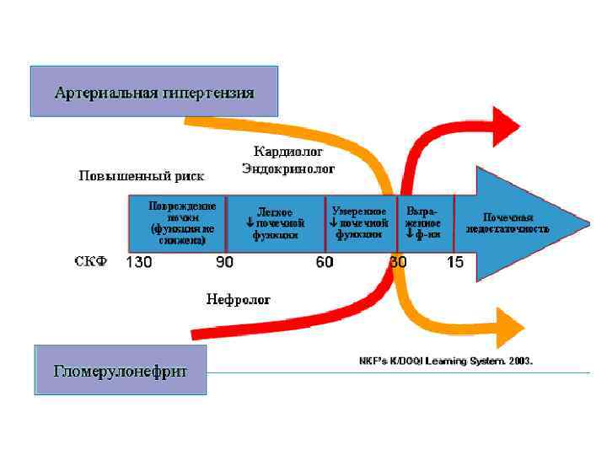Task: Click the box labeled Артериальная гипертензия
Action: tap(154, 91)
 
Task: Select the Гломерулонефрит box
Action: tap(121, 370)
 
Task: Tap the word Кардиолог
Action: tap(288, 152)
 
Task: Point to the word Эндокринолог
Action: tap(288, 169)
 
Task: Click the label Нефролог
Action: tap(239, 299)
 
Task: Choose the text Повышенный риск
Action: tap(142, 176)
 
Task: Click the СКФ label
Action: tap(91, 262)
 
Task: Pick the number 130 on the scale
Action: tap(139, 262)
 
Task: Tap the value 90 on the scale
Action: tap(224, 262)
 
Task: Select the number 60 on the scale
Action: tap(325, 262)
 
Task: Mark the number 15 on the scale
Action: tap(455, 262)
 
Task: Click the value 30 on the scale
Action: tap(398, 262)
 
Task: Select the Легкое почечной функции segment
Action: tap(275, 223)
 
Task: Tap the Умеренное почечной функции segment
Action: tap(359, 222)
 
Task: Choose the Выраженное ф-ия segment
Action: tap(422, 222)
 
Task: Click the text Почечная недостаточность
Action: tap(508, 223)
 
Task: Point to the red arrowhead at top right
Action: tap(507, 126)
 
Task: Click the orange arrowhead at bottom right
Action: tap(510, 327)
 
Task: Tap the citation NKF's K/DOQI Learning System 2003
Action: tap(447, 361)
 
